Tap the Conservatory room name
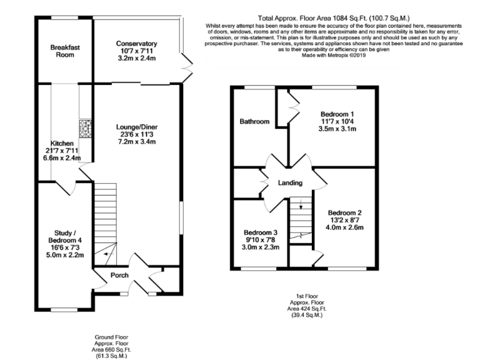tap(136, 44)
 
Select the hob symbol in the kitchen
tap(84, 128)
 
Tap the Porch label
tap(119, 275)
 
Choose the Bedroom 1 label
tap(337, 114)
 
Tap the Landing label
tap(291, 183)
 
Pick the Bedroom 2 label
tap(344, 212)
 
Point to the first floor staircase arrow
tap(301, 204)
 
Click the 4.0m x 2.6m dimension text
tap(344, 227)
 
